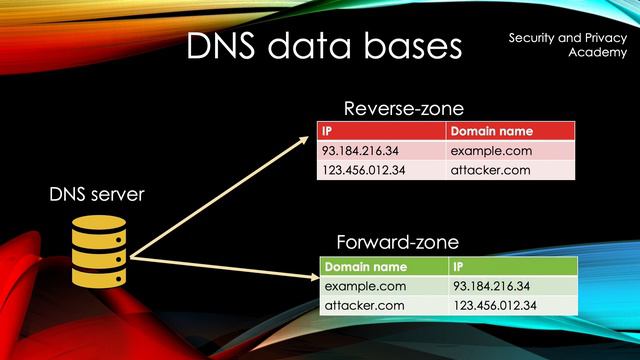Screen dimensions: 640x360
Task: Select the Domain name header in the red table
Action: click(x=491, y=131)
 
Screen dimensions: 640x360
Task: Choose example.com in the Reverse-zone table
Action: click(x=491, y=151)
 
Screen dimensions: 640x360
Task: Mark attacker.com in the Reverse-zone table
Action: click(x=491, y=170)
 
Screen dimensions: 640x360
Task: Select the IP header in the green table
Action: click(x=460, y=267)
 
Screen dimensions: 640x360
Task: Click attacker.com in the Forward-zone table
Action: click(x=363, y=305)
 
